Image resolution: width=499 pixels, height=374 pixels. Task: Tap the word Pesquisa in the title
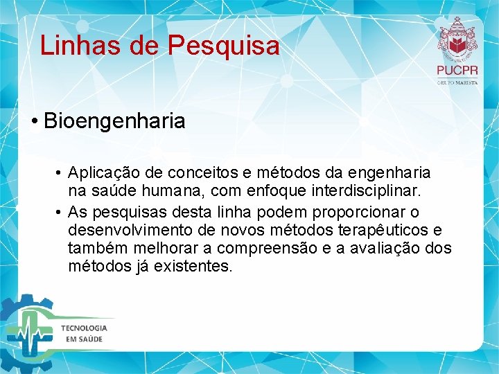[223, 46]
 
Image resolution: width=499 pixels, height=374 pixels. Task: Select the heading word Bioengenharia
[114, 121]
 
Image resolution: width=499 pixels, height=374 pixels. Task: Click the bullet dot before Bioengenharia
[34, 122]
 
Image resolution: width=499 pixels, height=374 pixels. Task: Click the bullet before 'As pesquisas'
[61, 211]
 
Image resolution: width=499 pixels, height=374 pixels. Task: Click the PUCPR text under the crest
[457, 71]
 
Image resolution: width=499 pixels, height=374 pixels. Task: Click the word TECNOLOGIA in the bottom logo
[84, 328]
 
